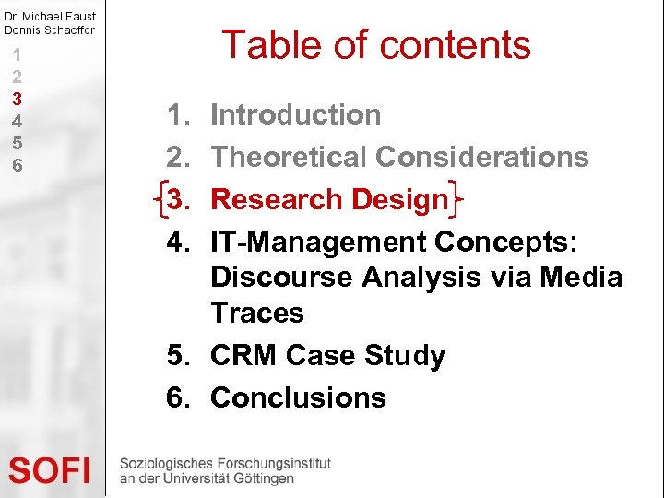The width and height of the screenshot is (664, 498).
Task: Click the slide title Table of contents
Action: coord(376,44)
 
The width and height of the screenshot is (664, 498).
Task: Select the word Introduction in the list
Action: coord(295,115)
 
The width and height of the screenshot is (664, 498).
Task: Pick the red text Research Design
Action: coord(328,200)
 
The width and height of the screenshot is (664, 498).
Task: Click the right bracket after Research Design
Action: coord(456,198)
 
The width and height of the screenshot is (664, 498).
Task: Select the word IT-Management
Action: coord(318,243)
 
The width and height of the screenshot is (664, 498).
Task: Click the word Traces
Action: coord(256,314)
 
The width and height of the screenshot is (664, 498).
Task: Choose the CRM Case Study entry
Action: coord(327,356)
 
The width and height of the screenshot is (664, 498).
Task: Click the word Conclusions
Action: coord(298,398)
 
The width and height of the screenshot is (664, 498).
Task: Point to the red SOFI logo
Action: coord(51,470)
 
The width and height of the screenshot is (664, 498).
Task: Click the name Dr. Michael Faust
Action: coord(50,16)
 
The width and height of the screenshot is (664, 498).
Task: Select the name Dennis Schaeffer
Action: coord(50,30)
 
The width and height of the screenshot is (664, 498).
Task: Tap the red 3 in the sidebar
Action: coord(17,99)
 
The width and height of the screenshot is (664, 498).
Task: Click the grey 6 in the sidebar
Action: coord(17,165)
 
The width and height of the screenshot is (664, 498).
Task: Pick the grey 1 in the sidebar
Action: coord(17,54)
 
